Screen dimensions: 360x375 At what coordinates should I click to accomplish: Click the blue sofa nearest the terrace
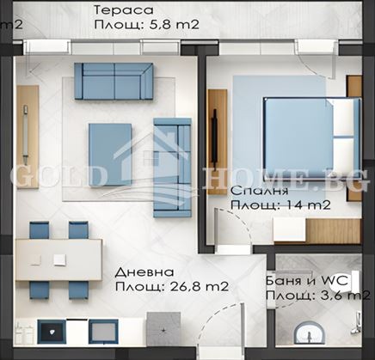click(114, 80)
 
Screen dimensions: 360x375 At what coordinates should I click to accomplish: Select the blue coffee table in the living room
click(110, 154)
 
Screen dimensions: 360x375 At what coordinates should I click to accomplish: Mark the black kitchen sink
click(50, 330)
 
